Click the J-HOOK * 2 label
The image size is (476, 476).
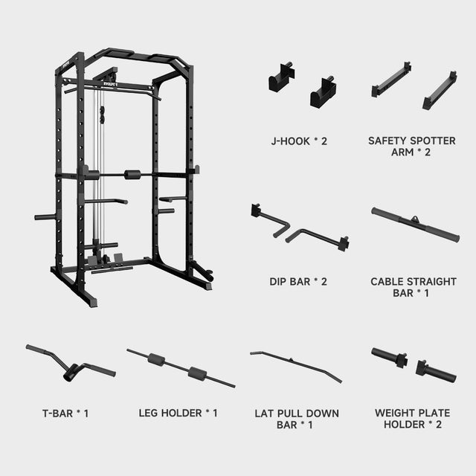point(297,139)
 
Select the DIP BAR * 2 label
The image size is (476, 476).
point(297,282)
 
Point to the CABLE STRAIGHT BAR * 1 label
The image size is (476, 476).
point(414,287)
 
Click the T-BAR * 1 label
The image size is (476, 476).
point(65,413)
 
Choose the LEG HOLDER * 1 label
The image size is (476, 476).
point(178,413)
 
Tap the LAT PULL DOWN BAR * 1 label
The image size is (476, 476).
point(296,419)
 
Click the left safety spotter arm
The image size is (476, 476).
point(391,79)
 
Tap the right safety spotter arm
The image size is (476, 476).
point(440,90)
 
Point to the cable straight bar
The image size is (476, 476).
point(414,225)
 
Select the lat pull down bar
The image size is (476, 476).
point(296,364)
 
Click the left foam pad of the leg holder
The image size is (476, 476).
point(156,359)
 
